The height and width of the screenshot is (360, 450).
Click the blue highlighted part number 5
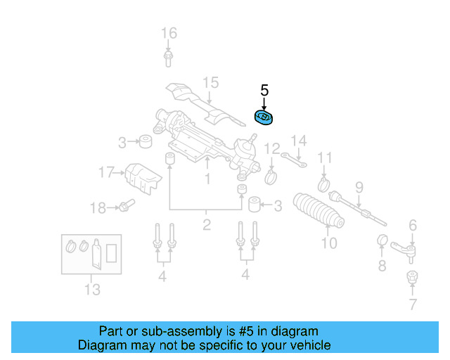tap(264, 117)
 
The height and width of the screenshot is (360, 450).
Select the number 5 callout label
tap(264, 90)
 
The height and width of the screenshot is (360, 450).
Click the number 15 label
tap(211, 83)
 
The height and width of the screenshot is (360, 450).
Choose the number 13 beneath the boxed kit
tap(92, 289)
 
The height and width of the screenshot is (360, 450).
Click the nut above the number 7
tap(413, 278)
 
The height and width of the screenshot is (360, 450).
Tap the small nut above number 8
tap(384, 241)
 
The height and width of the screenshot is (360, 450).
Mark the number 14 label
tap(299, 141)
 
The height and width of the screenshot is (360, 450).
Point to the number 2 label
tap(206, 225)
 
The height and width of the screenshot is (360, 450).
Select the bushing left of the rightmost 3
tap(254, 205)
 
